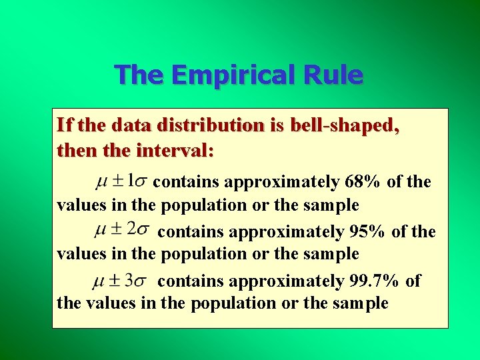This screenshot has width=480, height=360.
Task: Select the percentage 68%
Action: coord(363,182)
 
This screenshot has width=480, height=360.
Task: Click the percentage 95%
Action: coord(367,232)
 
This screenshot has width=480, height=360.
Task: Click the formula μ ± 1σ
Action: coord(121,180)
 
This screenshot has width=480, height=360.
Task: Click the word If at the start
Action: coord(65,125)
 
